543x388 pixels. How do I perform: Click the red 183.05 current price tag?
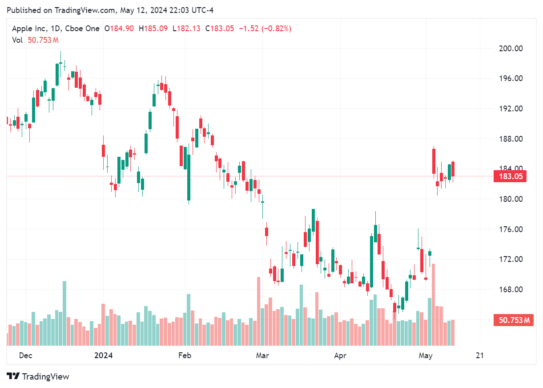(510, 176)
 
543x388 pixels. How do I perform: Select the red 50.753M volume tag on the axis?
(513, 320)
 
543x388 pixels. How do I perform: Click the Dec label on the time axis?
(26, 355)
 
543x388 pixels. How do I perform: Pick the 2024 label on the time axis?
(104, 355)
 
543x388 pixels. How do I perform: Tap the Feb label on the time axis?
(184, 355)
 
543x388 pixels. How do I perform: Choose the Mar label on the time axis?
(262, 355)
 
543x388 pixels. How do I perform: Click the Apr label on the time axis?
(340, 355)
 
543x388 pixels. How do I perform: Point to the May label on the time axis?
(426, 355)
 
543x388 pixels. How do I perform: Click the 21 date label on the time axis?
(479, 355)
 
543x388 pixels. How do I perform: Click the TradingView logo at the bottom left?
(38, 376)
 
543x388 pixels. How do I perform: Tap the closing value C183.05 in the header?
(220, 29)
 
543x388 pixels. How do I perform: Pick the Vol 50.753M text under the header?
(36, 40)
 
